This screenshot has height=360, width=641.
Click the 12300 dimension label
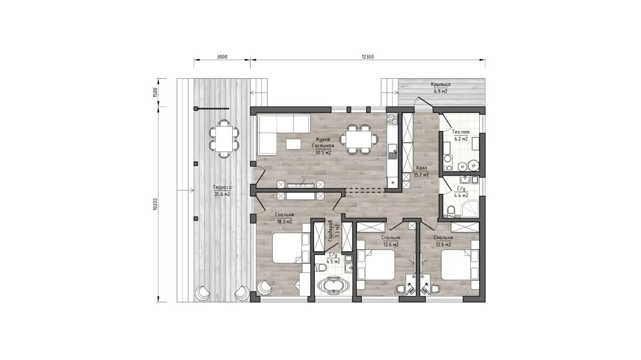368,57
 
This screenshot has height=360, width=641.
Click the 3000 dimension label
222,57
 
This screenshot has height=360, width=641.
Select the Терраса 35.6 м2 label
222,190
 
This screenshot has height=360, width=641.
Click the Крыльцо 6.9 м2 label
441,88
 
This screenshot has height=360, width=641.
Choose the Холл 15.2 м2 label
421,171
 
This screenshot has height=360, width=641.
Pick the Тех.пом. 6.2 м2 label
461,135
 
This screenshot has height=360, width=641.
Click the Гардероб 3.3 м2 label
333,231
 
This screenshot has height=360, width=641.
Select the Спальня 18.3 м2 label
284,218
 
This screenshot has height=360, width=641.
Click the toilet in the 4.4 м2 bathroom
451,211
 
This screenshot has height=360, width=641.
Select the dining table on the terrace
224,139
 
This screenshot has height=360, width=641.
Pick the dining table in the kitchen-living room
358,140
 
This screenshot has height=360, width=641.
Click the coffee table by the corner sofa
293,144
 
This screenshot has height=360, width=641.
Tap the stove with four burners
392,119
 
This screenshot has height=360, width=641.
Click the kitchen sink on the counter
392,152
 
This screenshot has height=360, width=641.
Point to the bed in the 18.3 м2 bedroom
287,248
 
